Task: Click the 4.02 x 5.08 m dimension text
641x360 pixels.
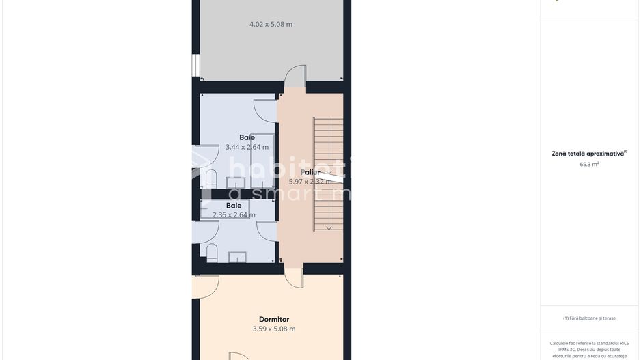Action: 271,24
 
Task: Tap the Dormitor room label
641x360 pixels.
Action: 273,319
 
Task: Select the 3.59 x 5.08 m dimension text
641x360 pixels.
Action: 273,329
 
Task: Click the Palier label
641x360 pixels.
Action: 310,172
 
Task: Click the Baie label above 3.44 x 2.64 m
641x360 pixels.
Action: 247,137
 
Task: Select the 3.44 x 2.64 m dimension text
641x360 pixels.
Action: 247,147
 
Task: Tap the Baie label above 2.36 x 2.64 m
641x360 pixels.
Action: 234,205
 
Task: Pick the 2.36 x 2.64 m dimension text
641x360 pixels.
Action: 234,214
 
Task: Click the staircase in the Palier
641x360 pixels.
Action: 328,174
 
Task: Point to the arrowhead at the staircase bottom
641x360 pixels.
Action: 329,227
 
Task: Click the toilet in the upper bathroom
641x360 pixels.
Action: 211,179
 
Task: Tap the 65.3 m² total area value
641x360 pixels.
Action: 589,164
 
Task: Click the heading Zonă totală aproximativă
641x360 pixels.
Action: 588,154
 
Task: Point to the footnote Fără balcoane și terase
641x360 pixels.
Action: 589,318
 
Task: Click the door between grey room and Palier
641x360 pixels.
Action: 295,77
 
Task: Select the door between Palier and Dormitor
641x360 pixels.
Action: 294,277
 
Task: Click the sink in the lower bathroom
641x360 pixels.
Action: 237,257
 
